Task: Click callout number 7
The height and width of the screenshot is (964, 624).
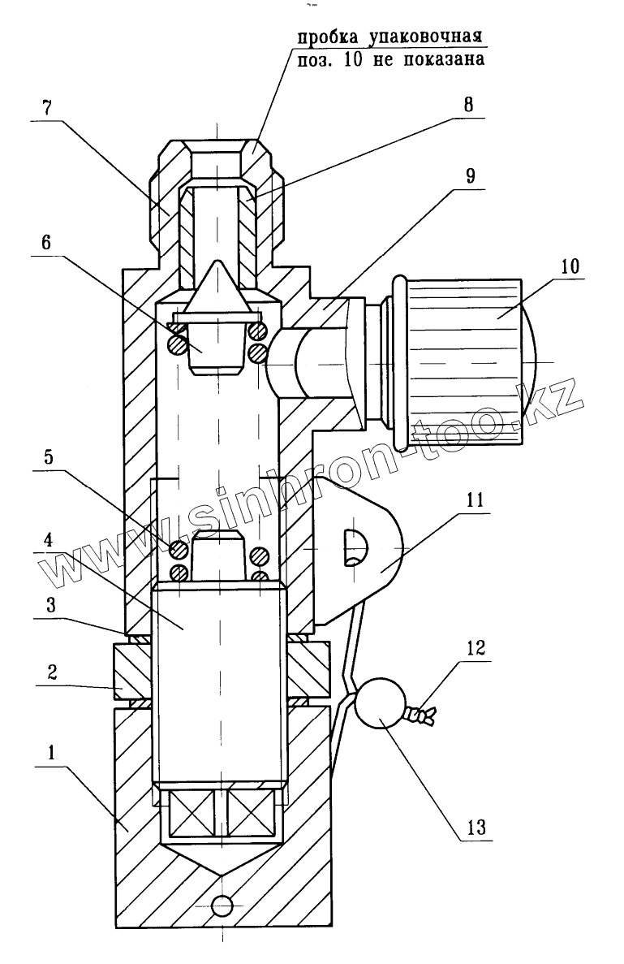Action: (x=47, y=108)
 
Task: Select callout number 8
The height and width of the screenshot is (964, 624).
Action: (x=469, y=104)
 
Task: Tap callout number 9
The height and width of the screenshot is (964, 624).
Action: (x=470, y=176)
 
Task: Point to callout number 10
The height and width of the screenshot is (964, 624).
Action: (x=570, y=266)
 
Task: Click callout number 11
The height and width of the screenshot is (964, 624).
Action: (x=476, y=499)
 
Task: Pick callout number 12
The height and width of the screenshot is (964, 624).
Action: (x=476, y=647)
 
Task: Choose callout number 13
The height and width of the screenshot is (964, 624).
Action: (x=476, y=828)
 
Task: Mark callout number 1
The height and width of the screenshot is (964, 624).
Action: (x=51, y=752)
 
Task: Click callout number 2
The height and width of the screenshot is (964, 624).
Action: (x=52, y=671)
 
